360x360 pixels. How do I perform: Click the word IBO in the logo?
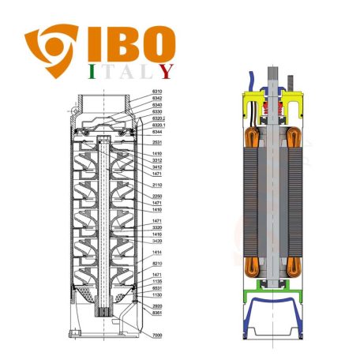pos(126,47)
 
